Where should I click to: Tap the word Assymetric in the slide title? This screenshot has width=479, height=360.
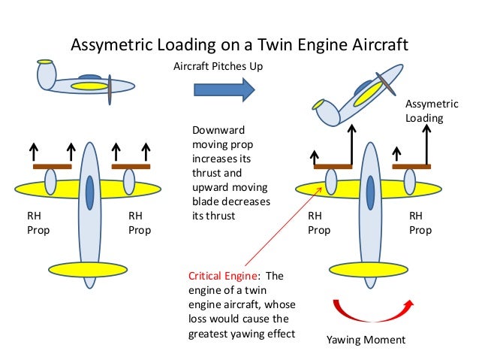pyautogui.click(x=107, y=45)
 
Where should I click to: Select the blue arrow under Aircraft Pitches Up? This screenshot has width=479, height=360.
pyautogui.click(x=224, y=89)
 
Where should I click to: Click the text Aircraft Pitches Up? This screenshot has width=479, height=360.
pyautogui.click(x=218, y=67)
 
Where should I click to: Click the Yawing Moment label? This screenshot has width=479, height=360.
pyautogui.click(x=366, y=340)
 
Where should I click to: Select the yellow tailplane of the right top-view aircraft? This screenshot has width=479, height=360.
pyautogui.click(x=369, y=268)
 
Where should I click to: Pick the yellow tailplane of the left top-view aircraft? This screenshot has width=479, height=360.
pyautogui.click(x=89, y=268)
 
